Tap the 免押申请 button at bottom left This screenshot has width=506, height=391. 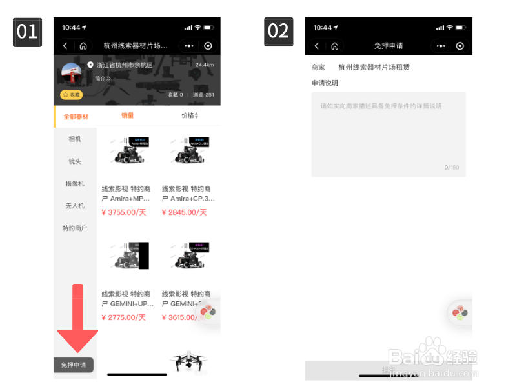73,365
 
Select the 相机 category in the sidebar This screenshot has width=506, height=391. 75,139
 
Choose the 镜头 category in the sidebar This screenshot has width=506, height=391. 75,161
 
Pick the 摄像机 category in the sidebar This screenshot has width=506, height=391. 75,184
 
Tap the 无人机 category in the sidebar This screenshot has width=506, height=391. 75,206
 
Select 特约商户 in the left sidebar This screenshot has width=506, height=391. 75,228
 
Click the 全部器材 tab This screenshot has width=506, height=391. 76,117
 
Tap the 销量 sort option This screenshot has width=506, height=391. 127,115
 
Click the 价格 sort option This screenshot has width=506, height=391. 189,115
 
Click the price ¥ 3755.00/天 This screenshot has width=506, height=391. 124,212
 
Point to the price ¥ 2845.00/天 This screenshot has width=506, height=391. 184,212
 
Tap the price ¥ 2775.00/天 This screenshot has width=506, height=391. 124,317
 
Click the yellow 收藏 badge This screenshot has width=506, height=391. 72,95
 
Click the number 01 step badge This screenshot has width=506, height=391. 27,32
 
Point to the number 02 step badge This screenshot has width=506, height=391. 278,32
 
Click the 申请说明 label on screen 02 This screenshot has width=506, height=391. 325,83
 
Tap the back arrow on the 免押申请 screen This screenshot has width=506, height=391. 316,46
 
